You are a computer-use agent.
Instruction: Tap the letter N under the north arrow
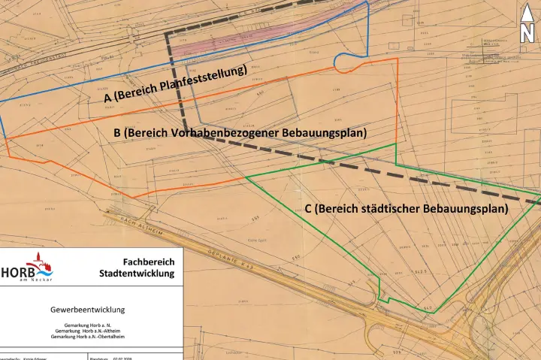click(527, 33)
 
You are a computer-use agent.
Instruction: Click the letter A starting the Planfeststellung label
click(107, 98)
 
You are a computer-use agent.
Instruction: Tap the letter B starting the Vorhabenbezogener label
click(117, 133)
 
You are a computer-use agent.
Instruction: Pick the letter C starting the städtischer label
click(309, 208)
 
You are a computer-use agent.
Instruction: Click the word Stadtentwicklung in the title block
click(137, 274)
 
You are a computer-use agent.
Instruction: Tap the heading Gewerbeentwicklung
click(87, 309)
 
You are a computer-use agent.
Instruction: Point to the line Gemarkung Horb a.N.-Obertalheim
click(87, 337)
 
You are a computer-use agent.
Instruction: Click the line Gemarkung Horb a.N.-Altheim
click(87, 331)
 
